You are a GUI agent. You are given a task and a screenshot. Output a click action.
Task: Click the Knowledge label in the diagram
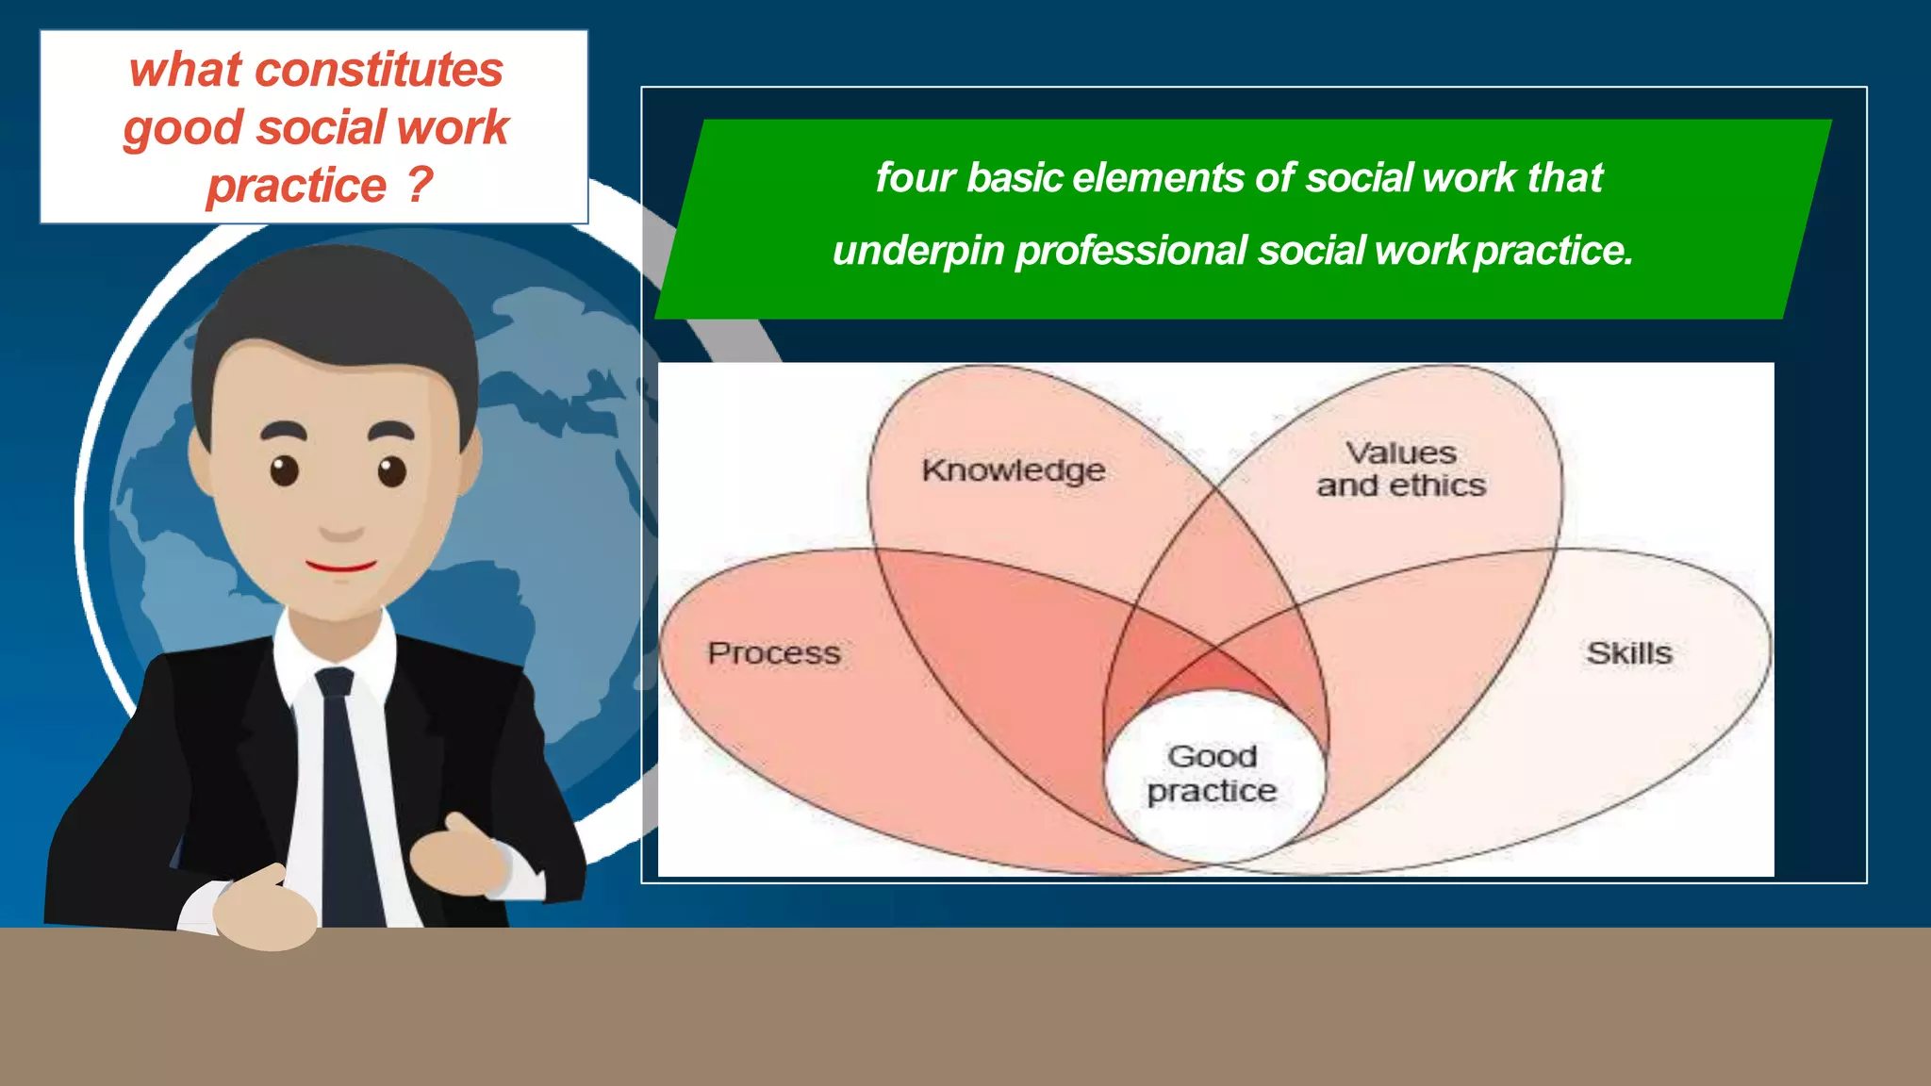(x=1014, y=469)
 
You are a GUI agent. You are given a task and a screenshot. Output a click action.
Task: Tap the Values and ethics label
(x=1401, y=469)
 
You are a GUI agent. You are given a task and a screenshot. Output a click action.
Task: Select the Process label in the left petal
(x=774, y=653)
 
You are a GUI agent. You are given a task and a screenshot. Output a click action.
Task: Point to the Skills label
(x=1628, y=653)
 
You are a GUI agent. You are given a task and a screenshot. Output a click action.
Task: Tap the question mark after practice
(x=420, y=185)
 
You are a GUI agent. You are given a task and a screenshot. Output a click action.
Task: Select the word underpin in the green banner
(x=917, y=251)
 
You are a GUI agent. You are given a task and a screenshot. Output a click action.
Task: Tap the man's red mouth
(x=341, y=567)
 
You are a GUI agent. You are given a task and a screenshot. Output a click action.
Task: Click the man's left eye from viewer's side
(x=284, y=469)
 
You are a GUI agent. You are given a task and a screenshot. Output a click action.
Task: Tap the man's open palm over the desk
(x=264, y=911)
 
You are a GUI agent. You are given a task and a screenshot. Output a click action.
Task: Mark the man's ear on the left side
(x=202, y=462)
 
